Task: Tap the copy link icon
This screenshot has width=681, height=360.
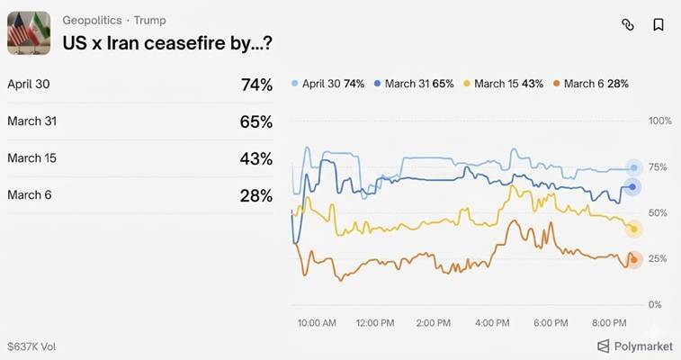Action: pos(628,25)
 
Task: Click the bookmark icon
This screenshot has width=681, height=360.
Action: pos(659,25)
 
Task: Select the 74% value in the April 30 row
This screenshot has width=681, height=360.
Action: pos(256,85)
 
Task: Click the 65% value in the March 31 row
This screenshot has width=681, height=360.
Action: pos(256,121)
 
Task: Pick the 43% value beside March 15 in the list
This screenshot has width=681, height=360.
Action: pos(256,158)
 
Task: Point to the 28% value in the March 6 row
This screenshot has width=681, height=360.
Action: pos(256,195)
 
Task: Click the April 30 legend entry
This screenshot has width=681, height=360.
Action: pos(328,84)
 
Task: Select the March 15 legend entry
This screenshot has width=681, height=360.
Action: pos(503,84)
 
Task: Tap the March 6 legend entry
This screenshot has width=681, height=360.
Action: pos(590,84)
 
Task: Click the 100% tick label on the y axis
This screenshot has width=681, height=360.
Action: pos(659,121)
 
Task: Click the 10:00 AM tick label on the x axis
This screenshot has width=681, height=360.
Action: pos(316,322)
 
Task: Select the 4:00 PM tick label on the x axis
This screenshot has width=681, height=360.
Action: pos(491,322)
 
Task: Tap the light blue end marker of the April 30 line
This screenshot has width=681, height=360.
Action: pos(633,168)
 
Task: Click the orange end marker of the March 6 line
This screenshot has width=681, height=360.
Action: pos(633,260)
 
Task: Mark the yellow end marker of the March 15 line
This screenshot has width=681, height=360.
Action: pos(633,229)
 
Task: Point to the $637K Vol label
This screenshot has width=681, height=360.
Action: pos(31,346)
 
